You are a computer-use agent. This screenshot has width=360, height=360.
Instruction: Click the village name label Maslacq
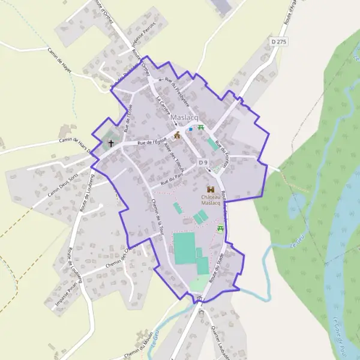coord(184,118)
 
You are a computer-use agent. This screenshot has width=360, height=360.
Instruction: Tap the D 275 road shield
coord(277,41)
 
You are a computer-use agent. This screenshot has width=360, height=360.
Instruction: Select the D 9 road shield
coord(203,163)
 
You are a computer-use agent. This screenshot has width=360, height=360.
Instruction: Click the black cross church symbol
coord(111,144)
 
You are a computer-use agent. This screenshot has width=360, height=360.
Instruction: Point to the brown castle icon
coord(210,189)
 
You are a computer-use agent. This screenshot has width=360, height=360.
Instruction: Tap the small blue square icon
coord(191,129)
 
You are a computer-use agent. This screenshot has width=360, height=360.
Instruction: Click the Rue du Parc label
coord(172,178)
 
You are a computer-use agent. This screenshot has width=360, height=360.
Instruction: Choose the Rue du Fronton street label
coord(222,153)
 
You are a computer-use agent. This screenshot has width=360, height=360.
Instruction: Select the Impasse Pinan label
coord(67,296)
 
